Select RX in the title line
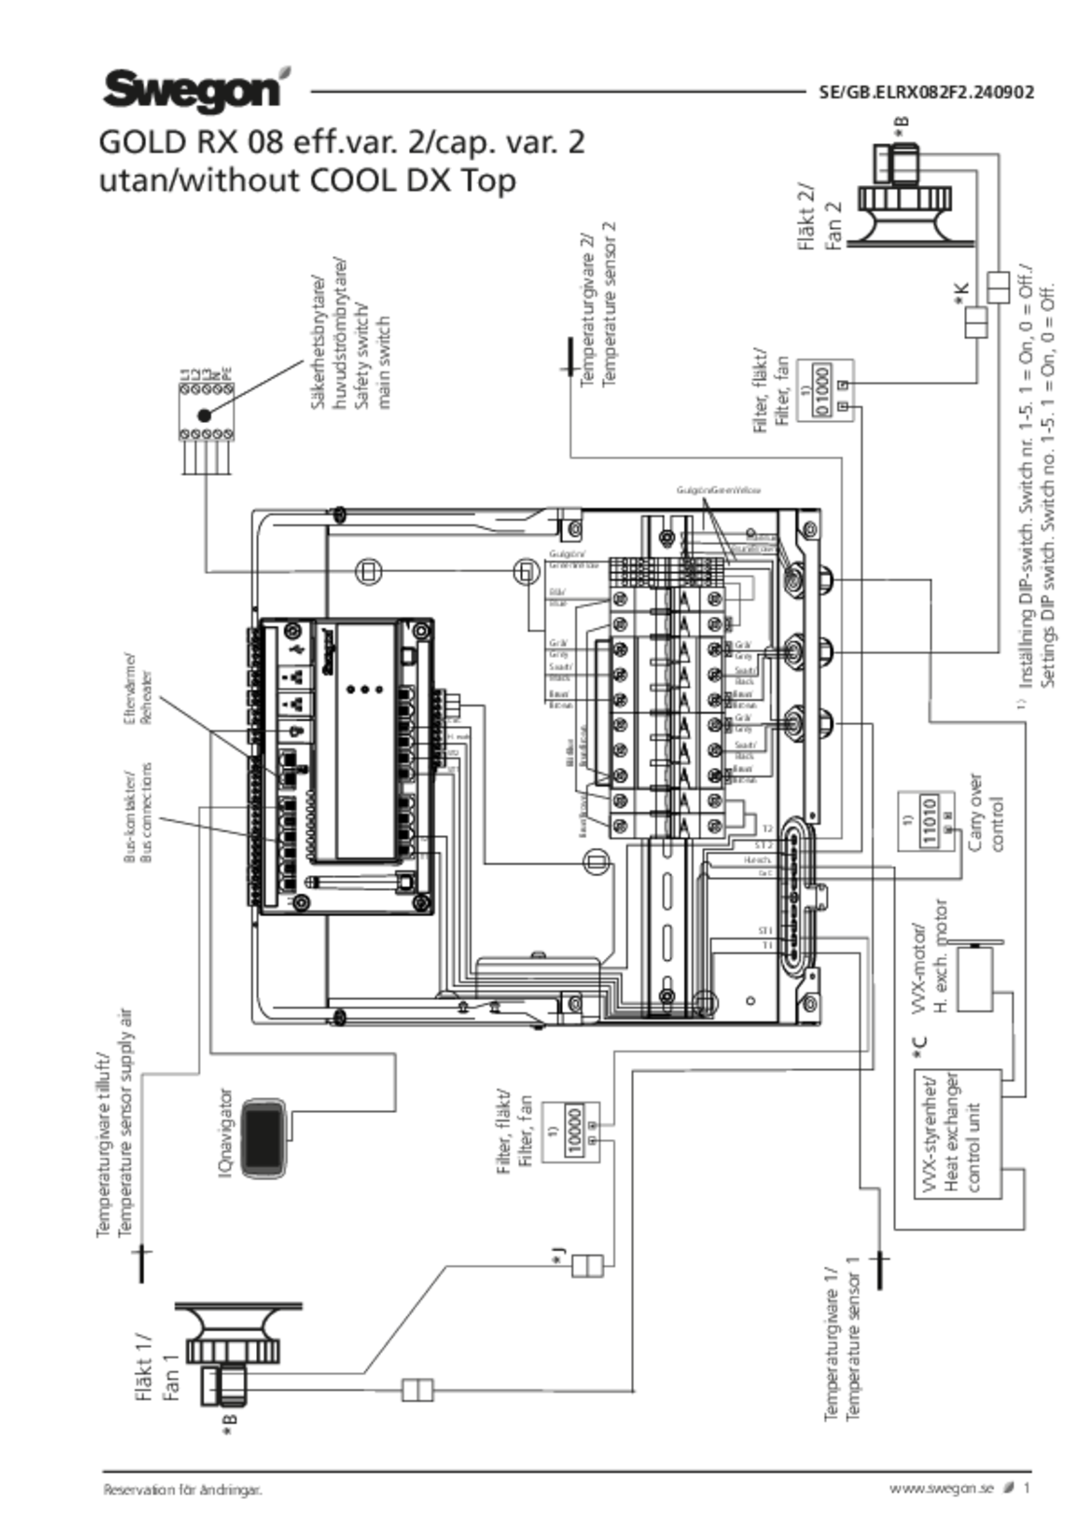click(211, 143)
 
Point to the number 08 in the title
click(261, 143)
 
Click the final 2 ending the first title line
click(576, 143)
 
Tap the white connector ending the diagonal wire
click(588, 1265)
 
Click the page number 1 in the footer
click(1027, 1488)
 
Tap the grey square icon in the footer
click(1009, 1487)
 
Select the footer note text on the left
click(181, 1488)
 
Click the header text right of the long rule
click(925, 92)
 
